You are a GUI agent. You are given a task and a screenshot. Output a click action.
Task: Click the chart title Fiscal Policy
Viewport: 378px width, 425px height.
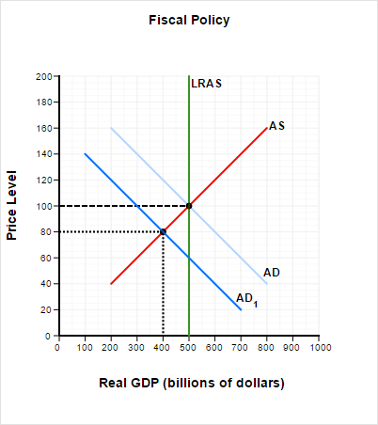coord(189,20)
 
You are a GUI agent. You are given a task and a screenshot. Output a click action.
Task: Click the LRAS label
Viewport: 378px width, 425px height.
coord(207,84)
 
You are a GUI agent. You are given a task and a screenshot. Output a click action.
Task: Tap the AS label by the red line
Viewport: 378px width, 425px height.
coord(276,126)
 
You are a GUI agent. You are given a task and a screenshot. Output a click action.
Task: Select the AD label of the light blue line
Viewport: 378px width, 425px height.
coord(271,272)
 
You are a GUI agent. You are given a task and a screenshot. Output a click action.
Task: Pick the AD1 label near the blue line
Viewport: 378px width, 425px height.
coord(245,298)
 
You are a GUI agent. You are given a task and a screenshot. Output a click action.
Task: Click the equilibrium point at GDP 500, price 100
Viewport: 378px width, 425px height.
coord(189,206)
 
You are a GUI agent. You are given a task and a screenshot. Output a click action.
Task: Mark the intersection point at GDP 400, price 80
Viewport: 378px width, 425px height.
coord(163,231)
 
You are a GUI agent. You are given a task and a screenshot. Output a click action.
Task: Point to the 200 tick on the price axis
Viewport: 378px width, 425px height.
coord(42,76)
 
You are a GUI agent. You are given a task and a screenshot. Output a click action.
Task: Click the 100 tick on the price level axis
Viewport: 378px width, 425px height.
coord(42,206)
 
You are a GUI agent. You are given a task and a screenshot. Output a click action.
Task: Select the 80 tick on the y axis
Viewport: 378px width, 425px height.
coord(45,232)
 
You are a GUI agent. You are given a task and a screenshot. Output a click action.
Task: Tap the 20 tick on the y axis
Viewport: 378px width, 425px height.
coord(45,310)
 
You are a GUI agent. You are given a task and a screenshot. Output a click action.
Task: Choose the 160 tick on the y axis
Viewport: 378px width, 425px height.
coord(42,128)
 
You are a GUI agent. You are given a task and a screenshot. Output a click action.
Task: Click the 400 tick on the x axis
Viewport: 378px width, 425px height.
coord(163,347)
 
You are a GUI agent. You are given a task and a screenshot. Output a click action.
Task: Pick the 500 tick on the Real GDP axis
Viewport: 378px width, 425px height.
coord(189,347)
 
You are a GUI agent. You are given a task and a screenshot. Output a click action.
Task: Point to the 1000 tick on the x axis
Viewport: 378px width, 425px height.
coord(320,347)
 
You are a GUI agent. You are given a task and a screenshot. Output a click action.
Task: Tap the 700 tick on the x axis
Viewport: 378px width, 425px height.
coord(241,347)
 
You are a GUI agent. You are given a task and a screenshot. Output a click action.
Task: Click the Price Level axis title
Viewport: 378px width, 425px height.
coord(13,205)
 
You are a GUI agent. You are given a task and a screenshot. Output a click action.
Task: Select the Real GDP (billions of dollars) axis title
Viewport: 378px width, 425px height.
coord(191,383)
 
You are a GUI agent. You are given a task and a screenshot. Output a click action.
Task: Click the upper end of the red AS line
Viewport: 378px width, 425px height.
coord(267,128)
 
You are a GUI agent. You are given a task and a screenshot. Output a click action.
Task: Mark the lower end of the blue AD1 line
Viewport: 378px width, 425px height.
coord(241,309)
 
